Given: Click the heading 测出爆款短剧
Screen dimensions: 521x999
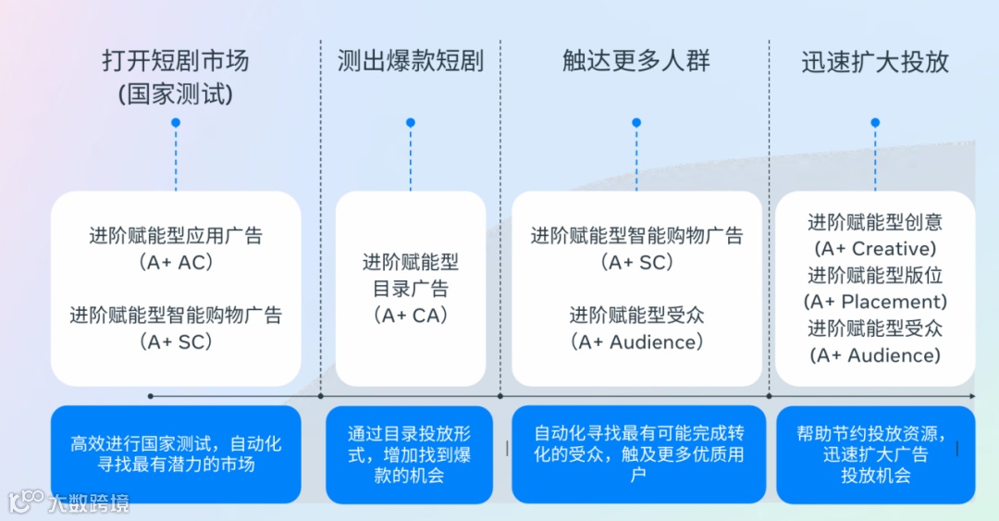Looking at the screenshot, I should tap(410, 61).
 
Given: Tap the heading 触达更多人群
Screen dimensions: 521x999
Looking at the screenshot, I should tap(635, 61).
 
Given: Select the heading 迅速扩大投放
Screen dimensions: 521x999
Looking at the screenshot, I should tap(875, 61).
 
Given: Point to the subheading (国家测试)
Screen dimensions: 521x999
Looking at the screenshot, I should tap(175, 93).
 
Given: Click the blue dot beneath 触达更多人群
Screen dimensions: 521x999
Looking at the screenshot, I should tap(636, 122).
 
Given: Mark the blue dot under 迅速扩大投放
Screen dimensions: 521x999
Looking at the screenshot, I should tap(875, 122).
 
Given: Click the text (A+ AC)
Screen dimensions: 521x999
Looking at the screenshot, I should tap(176, 262).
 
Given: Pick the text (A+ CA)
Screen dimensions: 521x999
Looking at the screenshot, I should tap(410, 316).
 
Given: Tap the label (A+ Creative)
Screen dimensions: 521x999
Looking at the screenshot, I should tap(875, 249).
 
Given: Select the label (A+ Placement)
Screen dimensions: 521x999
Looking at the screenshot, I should tap(875, 302).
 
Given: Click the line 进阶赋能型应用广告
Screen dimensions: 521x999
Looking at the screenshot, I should tap(176, 235).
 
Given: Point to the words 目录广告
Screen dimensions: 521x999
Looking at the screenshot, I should tap(410, 289).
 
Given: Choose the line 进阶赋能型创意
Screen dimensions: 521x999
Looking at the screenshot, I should tap(875, 222).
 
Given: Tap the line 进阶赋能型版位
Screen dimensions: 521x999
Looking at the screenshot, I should tap(875, 275).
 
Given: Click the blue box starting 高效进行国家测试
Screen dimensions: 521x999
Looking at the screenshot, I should tap(176, 454).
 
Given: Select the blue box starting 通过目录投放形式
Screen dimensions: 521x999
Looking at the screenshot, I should tap(410, 454).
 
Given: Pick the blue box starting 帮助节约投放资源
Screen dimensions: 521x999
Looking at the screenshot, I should tap(875, 454).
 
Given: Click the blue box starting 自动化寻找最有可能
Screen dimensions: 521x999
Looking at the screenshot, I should tap(638, 454).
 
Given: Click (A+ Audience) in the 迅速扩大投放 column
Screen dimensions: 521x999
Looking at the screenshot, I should tap(875, 355).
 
